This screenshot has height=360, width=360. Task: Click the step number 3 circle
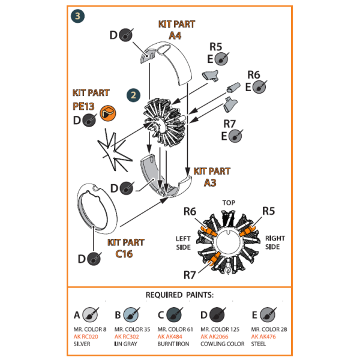(77, 16)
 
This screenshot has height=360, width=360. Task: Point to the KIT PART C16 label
(125, 248)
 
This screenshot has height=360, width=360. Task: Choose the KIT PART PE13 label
(91, 99)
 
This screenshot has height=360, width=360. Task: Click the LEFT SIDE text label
(184, 242)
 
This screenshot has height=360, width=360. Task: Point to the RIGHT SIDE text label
(275, 242)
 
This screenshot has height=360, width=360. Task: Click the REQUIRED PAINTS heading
(180, 296)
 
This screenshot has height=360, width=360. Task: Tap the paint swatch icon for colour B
(132, 314)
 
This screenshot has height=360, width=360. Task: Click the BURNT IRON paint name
(175, 343)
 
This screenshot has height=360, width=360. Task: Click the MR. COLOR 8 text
(89, 329)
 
